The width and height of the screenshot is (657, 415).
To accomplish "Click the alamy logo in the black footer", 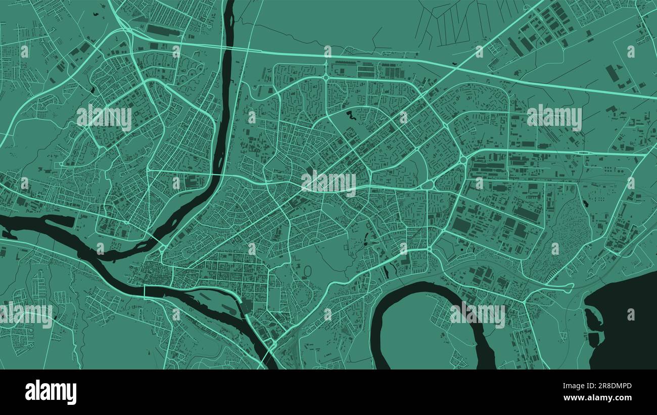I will point(51,392).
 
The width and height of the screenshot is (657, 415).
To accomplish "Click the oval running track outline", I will point(307,271).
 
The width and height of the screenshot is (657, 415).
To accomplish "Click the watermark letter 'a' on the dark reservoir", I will point(631,314).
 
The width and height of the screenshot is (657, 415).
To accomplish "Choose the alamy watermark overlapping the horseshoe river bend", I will point(477,314).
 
